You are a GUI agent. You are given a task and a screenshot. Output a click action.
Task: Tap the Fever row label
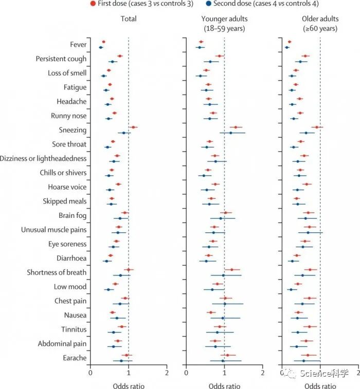[x=78, y=45]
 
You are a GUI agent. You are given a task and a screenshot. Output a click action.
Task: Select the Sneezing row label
[x=73, y=130]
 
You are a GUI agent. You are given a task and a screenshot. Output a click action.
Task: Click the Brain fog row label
[x=72, y=215]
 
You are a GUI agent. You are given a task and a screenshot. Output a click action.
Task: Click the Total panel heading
[x=129, y=19]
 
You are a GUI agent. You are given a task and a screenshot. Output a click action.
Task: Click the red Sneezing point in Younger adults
[x=236, y=127]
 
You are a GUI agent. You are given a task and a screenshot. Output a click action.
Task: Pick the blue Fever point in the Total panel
[x=101, y=47]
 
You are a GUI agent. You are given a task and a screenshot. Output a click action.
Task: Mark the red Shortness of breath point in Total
[x=129, y=269]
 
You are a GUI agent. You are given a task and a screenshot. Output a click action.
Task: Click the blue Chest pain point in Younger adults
[x=225, y=304]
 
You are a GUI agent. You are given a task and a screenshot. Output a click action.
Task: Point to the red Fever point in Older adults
[x=290, y=42]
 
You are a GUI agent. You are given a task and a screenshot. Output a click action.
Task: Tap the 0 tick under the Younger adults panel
[x=186, y=373]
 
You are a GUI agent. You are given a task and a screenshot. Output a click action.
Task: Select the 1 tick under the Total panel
[x=129, y=373]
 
